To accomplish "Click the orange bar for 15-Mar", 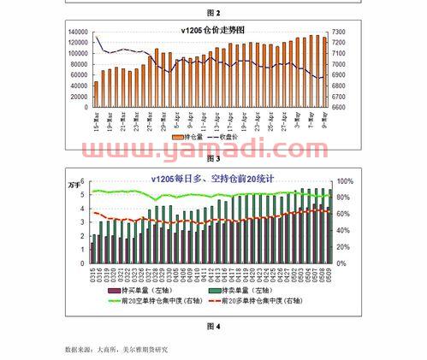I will coord(96,95).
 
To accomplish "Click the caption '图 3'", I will coord(213,159).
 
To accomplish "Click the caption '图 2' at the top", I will coord(213,13).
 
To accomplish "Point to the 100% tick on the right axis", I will coord(345,182).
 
